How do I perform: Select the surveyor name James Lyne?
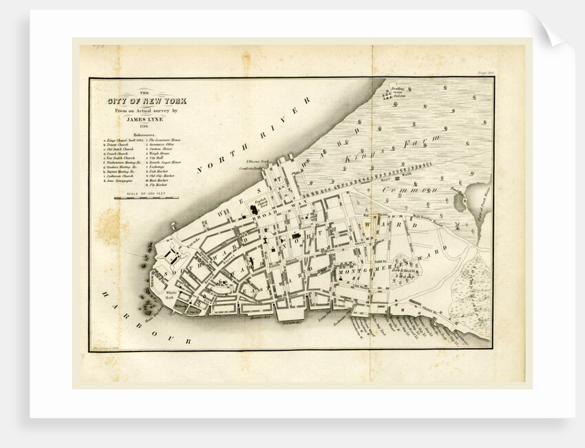tap(146, 118)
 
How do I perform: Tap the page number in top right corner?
tap(486, 72)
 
